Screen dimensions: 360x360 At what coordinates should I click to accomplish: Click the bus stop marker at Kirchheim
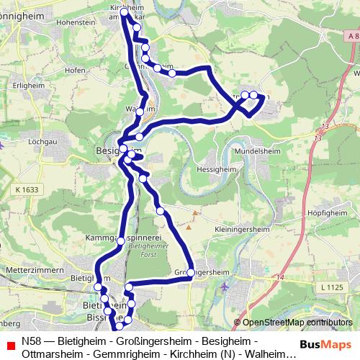pos(124,12)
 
